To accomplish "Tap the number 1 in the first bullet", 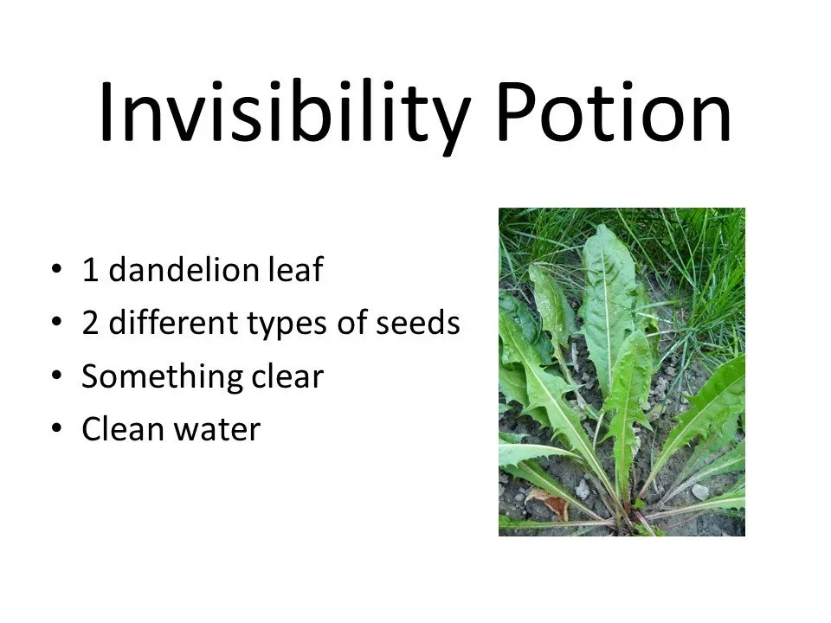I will [89, 271].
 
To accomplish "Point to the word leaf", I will [294, 271].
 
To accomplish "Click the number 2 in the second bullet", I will [89, 324].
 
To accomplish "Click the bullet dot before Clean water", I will [57, 430].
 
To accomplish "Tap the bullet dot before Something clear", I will [57, 377].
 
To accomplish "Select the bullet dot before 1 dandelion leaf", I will [57, 271].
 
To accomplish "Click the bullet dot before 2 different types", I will [57, 324].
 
